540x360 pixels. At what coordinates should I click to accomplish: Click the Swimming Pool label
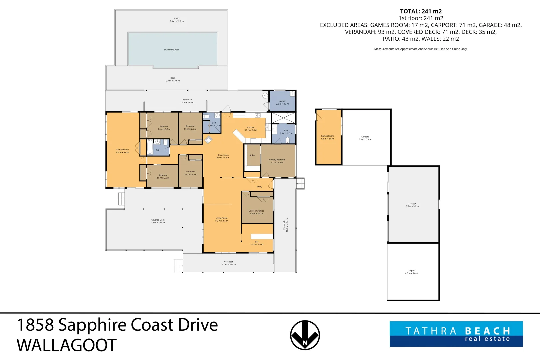pyautogui.click(x=171, y=50)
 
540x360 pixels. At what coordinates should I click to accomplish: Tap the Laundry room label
pyautogui.click(x=282, y=102)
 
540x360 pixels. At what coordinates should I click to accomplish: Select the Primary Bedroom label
pyautogui.click(x=277, y=161)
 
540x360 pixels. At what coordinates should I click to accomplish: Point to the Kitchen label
pyautogui.click(x=251, y=129)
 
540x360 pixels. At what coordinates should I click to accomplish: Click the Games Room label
pyautogui.click(x=327, y=137)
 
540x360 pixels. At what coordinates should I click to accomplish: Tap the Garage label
pyautogui.click(x=412, y=205)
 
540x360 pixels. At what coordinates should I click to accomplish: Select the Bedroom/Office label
pyautogui.click(x=256, y=212)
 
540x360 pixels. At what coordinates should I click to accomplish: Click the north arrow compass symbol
pyautogui.click(x=305, y=335)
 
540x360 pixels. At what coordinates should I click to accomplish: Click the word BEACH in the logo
pyautogui.click(x=487, y=331)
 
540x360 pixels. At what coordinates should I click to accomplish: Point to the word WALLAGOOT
pyautogui.click(x=67, y=345)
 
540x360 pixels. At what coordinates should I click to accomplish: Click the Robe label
pyautogui.click(x=252, y=155)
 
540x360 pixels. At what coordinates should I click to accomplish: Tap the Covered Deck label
pyautogui.click(x=158, y=221)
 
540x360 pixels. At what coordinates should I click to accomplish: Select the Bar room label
pyautogui.click(x=257, y=243)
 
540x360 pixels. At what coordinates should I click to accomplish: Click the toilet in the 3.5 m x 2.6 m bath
pyautogui.click(x=288, y=140)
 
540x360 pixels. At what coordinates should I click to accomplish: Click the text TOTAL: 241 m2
pyautogui.click(x=421, y=11)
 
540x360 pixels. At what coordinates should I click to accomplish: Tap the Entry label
pyautogui.click(x=259, y=187)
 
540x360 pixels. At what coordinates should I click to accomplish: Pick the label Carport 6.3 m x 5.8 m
pyautogui.click(x=411, y=272)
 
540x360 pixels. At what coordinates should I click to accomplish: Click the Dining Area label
pyautogui.click(x=223, y=156)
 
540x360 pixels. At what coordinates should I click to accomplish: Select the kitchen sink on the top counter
pyautogui.click(x=257, y=116)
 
